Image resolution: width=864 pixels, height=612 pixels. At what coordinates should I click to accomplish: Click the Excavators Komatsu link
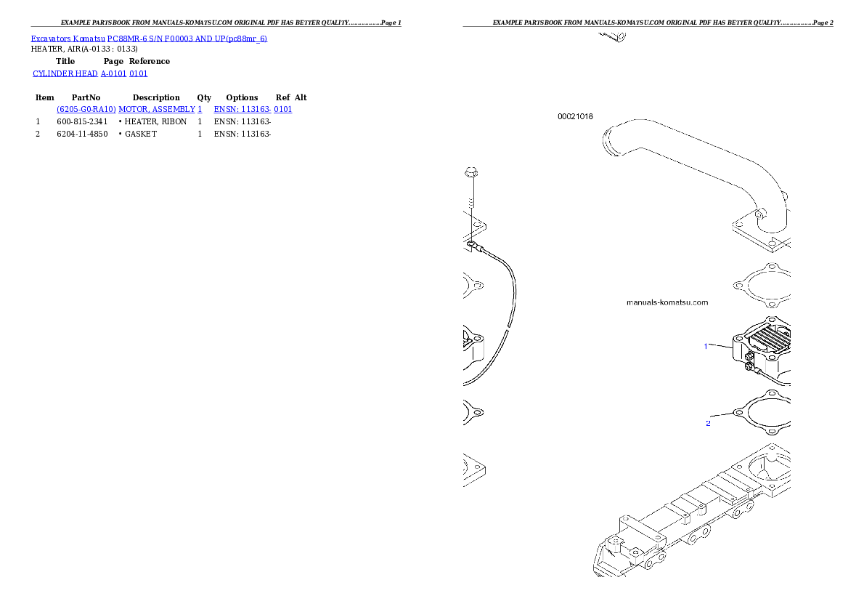coord(68,39)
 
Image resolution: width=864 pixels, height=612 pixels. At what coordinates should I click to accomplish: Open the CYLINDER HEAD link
coord(65,73)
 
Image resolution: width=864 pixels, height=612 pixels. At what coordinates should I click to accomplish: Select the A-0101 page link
coord(113,73)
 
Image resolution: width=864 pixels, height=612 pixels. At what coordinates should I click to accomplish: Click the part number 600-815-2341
coord(82,121)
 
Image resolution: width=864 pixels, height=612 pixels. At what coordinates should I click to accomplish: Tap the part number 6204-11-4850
coord(82,134)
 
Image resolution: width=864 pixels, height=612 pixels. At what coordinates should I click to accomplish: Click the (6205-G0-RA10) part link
coord(86,109)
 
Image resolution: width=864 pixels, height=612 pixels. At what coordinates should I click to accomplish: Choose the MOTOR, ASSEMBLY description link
coord(157,109)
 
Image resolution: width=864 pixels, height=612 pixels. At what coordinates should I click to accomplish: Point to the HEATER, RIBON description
coord(155,121)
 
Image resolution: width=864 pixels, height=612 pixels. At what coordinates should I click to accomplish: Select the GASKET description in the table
coord(141,134)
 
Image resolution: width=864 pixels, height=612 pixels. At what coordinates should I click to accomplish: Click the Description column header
coord(156,97)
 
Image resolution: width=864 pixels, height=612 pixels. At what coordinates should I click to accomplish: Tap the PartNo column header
coord(86,97)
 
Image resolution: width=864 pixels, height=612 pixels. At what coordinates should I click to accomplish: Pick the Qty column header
coord(204,97)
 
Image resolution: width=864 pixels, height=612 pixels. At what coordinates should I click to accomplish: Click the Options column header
coord(242,97)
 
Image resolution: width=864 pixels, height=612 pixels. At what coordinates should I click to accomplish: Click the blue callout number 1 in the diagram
coord(705,347)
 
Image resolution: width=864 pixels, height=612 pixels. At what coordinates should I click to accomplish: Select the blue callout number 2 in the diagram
coord(708,423)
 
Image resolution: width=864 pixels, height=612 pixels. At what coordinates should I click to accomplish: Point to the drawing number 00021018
coord(575,116)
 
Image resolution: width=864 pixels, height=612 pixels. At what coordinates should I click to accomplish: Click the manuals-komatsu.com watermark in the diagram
coord(667,302)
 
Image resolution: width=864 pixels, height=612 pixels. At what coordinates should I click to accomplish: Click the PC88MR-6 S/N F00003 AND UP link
coord(187,39)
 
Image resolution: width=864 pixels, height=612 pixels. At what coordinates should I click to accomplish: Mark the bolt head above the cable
coord(471,173)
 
